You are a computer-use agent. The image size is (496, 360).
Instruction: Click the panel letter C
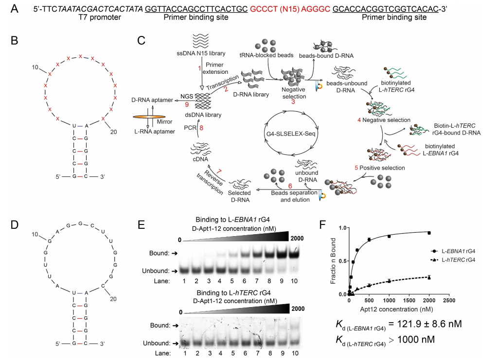(141, 40)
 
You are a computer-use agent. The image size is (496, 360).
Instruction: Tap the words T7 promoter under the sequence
(100, 17)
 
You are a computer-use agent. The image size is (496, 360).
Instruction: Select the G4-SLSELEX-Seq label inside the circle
(291, 134)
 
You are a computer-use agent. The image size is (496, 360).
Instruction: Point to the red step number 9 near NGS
(187, 104)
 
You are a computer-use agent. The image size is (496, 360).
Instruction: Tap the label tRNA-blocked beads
(266, 55)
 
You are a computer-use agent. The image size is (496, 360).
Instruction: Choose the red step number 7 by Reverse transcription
(219, 171)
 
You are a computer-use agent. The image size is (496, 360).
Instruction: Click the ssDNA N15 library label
(201, 53)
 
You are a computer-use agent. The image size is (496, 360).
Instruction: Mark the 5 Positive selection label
(380, 168)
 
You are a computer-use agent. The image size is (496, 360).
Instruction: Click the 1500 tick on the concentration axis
(409, 300)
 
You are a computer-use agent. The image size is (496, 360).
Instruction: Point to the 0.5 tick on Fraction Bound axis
(343, 261)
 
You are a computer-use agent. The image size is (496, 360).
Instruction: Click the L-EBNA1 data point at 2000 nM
(429, 233)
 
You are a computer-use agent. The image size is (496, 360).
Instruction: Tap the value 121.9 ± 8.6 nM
(425, 324)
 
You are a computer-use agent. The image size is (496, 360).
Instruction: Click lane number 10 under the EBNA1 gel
(294, 281)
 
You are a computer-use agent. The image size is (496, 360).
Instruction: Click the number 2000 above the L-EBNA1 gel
(297, 239)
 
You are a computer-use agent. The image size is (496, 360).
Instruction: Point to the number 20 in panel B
(114, 132)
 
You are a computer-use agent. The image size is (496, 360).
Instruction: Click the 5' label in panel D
(58, 343)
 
